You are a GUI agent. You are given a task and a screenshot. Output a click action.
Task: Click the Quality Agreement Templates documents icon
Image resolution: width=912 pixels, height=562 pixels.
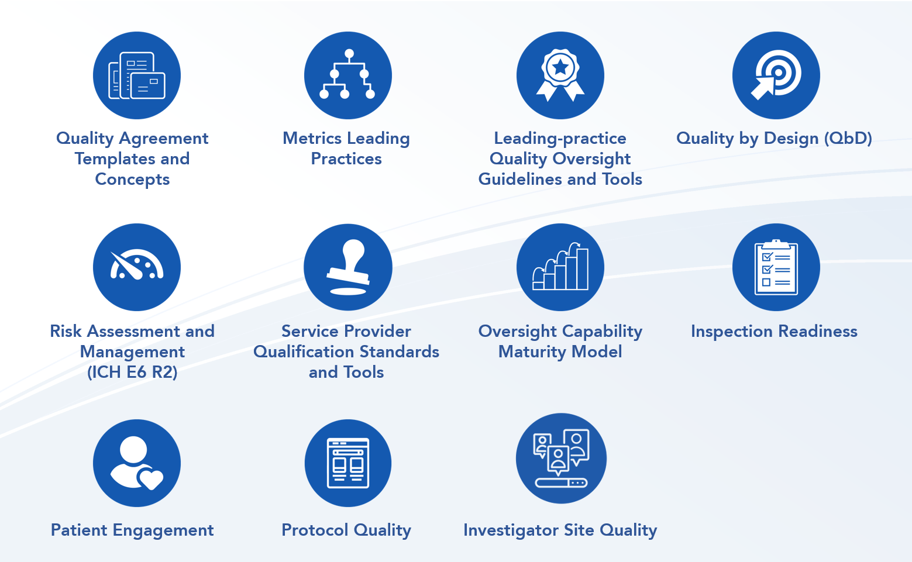click(137, 75)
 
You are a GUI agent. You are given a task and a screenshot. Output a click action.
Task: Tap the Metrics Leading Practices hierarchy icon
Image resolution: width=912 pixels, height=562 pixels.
click(347, 74)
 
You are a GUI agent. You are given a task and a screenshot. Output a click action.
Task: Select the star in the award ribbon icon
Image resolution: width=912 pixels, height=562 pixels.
click(560, 67)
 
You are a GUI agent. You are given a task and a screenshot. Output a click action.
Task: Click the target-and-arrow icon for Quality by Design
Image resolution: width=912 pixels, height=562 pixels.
click(776, 75)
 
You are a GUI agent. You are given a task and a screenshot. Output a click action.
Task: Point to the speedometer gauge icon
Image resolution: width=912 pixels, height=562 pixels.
click(137, 264)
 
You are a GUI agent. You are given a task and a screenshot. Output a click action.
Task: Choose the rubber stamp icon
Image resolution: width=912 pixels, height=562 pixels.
click(347, 267)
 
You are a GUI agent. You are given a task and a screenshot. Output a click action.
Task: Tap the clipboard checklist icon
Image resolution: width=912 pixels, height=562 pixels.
click(776, 267)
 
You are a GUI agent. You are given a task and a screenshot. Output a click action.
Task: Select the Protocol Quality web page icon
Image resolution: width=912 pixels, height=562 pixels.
click(348, 463)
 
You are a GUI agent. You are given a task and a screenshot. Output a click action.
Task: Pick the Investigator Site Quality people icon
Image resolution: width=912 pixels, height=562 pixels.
click(561, 458)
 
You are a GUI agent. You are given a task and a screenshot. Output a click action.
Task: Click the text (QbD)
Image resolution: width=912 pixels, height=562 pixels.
click(848, 139)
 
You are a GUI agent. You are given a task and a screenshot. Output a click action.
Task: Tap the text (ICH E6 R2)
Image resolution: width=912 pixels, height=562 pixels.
click(132, 373)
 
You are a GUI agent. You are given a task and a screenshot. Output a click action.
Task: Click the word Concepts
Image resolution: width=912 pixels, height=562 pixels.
click(132, 180)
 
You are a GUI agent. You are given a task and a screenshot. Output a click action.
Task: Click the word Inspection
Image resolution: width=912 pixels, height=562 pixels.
click(732, 332)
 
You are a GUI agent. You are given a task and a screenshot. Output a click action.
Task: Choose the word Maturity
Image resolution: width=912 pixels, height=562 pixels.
click(531, 352)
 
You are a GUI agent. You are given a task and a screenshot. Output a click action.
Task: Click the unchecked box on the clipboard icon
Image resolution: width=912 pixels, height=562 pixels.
click(766, 282)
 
